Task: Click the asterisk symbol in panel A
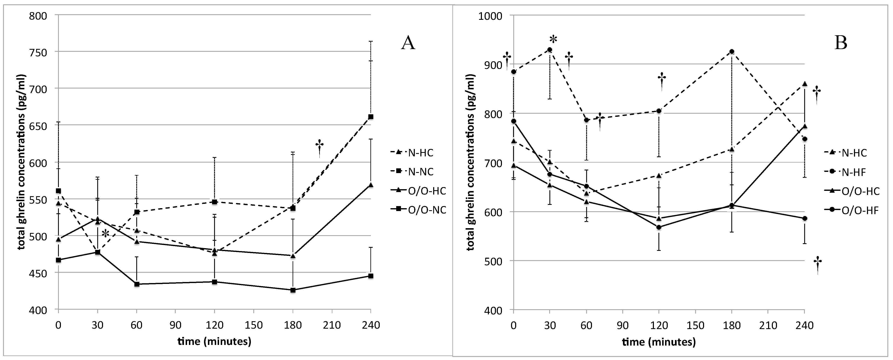[x=105, y=234]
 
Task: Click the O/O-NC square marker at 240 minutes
[x=371, y=276]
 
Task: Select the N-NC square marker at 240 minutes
[x=371, y=117]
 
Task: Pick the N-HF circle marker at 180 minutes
[x=732, y=52]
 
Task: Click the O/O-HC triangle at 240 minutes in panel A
[x=371, y=185]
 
